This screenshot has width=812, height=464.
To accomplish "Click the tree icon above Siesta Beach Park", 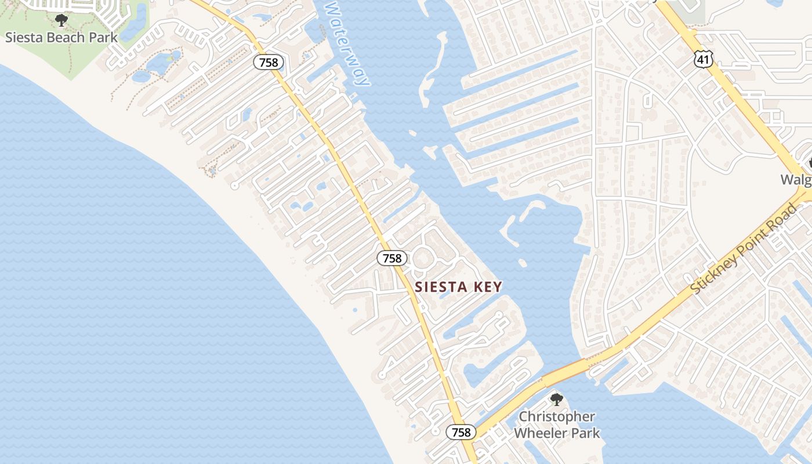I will coord(61,21).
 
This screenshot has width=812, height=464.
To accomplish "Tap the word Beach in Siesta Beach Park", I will coord(64,38).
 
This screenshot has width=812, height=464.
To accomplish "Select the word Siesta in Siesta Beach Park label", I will coord(24,38).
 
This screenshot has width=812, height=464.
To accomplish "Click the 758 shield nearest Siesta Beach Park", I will coord(269,62).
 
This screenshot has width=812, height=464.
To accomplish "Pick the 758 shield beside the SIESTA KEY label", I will coord(392,258).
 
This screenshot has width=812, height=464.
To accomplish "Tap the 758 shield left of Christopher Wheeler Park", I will coord(461,432).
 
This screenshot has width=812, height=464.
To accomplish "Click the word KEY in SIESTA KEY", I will coord(487,287).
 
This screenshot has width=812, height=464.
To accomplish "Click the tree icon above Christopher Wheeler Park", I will coord(557,400).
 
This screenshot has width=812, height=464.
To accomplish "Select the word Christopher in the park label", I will coord(557,417).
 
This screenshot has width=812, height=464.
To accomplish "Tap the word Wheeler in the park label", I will coord(543,433).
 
